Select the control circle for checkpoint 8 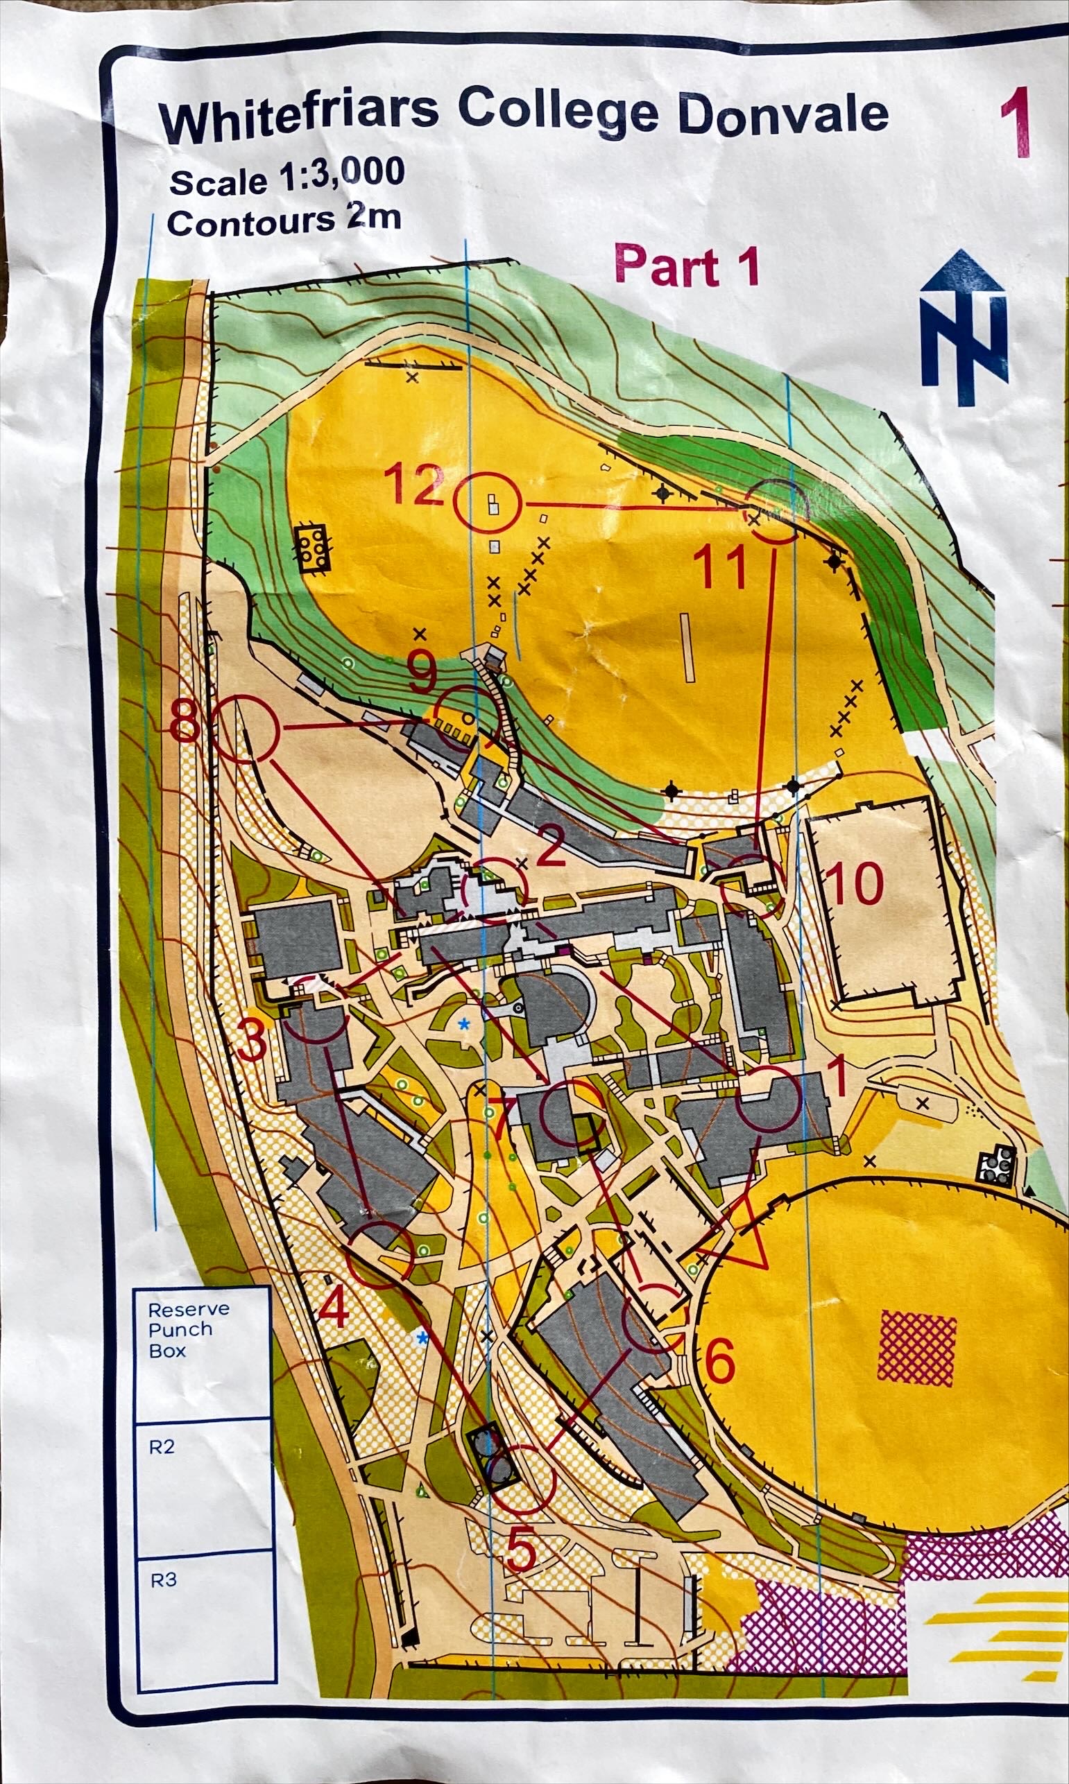[245, 729]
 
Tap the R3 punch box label [163, 1579]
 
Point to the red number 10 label [855, 883]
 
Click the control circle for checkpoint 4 [379, 1255]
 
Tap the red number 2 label [551, 851]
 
